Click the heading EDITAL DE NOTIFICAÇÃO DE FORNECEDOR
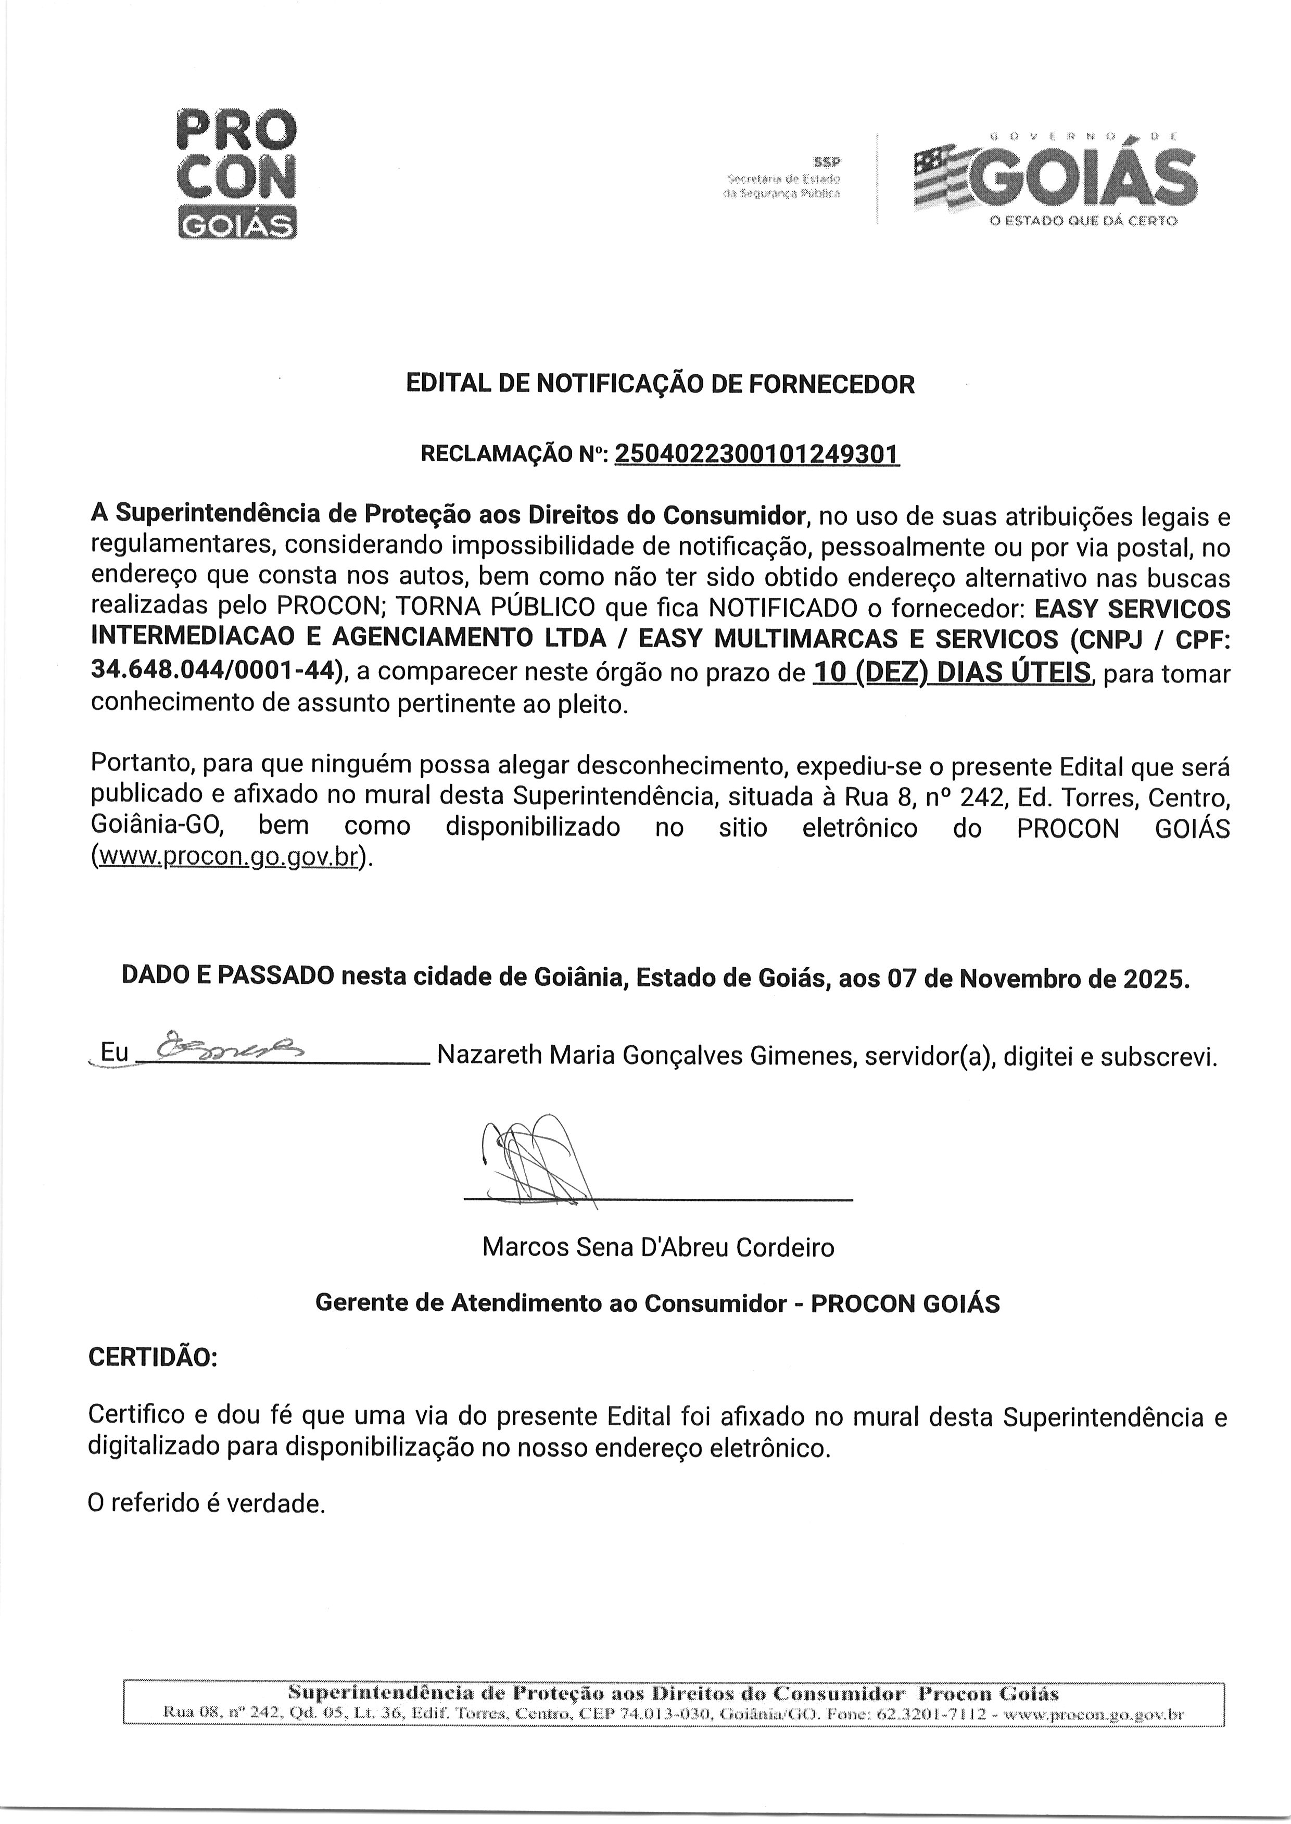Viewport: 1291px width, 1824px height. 660,385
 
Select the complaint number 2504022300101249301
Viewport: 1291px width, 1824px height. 757,454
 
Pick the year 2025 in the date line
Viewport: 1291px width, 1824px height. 1155,978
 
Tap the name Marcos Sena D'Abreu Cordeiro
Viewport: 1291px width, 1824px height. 657,1247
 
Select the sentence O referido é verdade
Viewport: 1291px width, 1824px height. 207,1504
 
